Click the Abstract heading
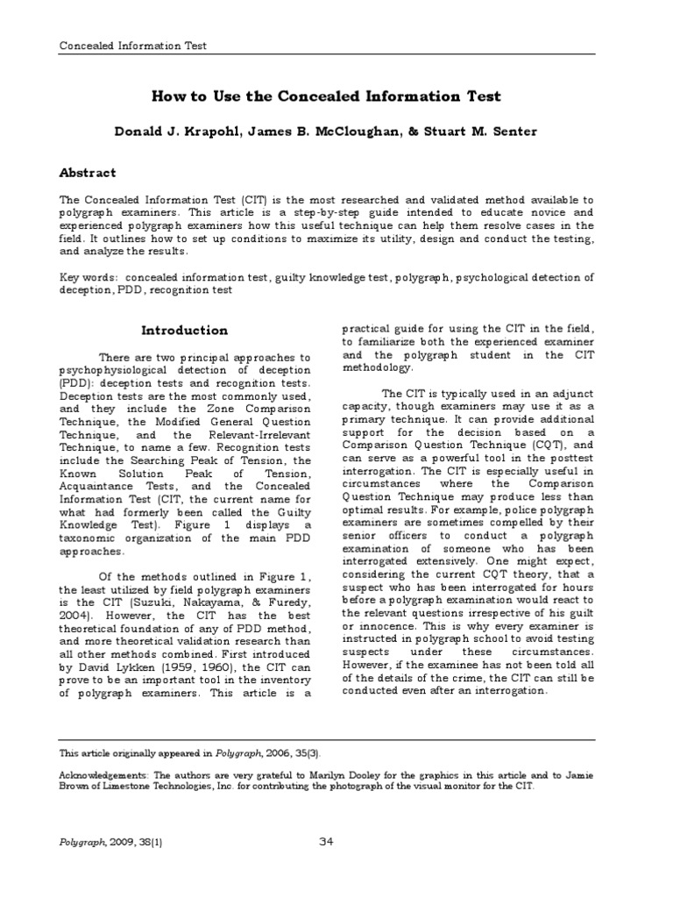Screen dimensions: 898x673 click(87, 173)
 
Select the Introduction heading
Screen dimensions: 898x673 click(185, 331)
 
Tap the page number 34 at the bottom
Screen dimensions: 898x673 click(327, 843)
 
